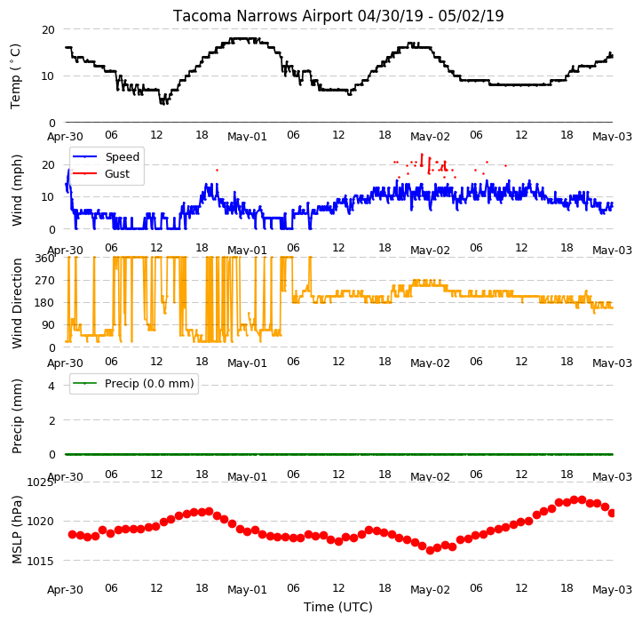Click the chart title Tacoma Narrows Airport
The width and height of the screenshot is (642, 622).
click(262, 16)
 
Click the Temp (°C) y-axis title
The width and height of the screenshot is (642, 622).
click(16, 76)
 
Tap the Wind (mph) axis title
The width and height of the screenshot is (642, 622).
click(16, 190)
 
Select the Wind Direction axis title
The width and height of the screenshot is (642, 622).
click(16, 303)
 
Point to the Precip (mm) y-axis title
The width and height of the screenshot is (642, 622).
click(16, 416)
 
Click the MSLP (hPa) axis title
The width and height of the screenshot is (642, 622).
click(16, 530)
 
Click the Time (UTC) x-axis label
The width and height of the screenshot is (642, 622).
click(338, 607)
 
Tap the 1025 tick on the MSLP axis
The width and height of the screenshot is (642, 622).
click(40, 482)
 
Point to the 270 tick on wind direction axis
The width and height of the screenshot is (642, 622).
click(45, 281)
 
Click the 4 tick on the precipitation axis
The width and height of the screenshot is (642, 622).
click(52, 386)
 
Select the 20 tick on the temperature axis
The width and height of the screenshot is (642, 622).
click(48, 30)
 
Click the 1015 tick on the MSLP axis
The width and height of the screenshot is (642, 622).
click(40, 561)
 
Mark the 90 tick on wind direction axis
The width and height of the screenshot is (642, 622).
click(48, 325)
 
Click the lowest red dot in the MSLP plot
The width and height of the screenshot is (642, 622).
click(430, 550)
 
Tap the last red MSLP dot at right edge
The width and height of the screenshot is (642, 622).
click(612, 513)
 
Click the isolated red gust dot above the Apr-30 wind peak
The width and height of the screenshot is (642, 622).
click(217, 170)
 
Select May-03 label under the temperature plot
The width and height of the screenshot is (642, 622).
click(612, 137)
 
